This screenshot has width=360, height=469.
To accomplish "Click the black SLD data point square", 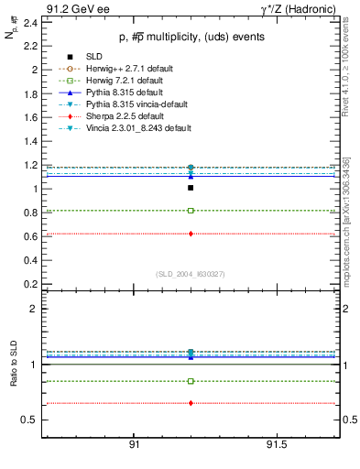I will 191,188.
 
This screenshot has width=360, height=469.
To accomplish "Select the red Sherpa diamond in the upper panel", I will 191,234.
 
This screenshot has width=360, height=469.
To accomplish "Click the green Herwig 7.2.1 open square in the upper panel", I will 191,211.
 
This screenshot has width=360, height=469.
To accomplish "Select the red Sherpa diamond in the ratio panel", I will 191,403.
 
